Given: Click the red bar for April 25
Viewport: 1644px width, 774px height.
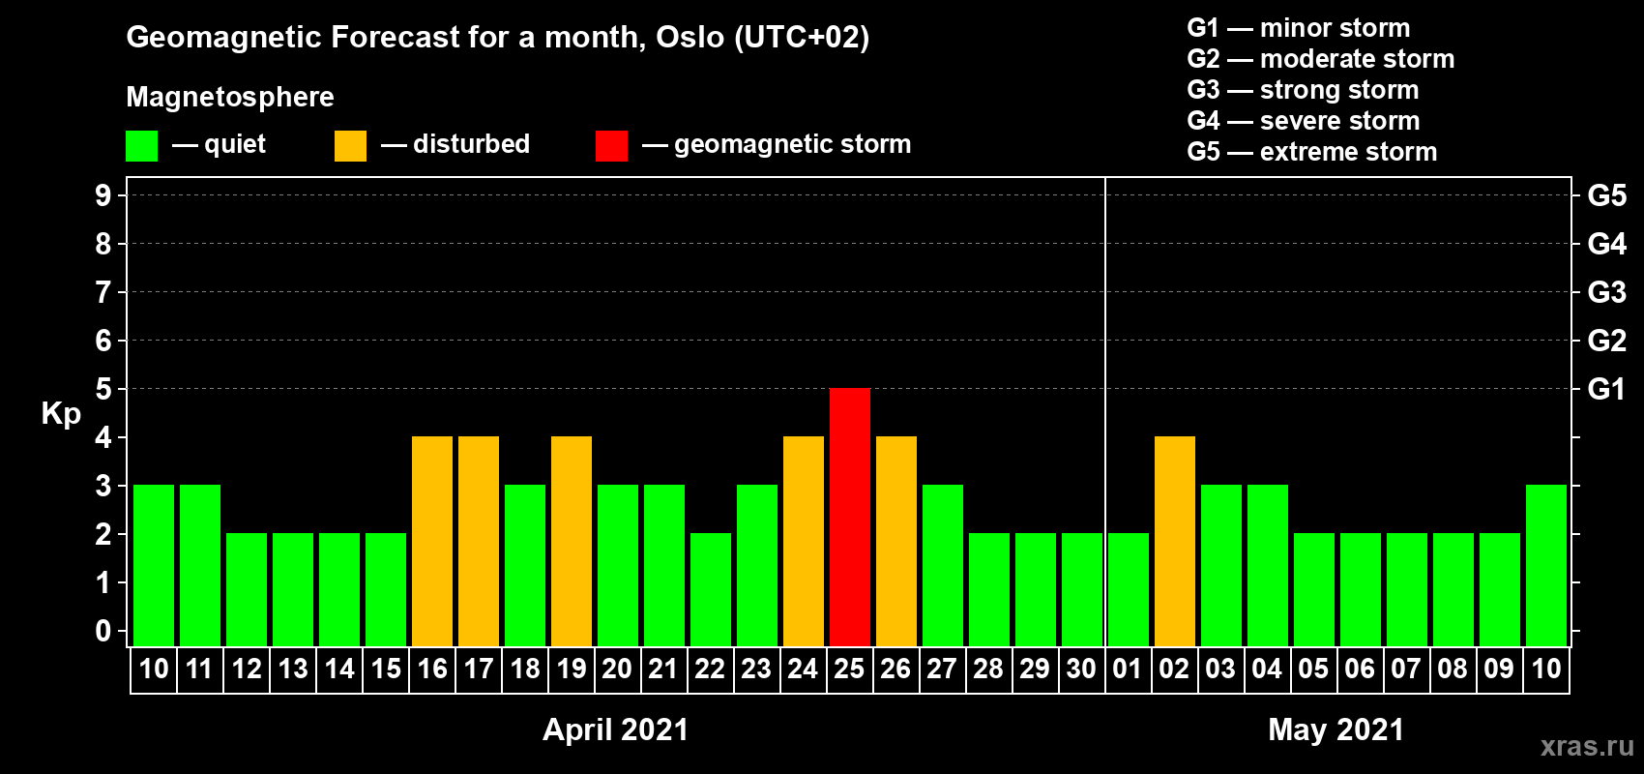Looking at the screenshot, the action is (x=850, y=517).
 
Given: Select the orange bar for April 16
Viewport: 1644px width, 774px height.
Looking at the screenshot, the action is (x=432, y=541).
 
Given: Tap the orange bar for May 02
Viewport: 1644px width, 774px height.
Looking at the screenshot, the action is (x=1175, y=541).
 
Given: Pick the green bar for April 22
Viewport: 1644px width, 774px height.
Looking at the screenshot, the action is (x=711, y=589).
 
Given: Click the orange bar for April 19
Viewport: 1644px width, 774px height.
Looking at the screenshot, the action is (x=572, y=541).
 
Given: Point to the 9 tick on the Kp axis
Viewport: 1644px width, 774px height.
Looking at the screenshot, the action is (x=103, y=195).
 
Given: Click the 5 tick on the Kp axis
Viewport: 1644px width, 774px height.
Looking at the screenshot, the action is (x=103, y=389).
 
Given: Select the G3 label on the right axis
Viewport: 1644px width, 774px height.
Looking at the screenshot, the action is (x=1606, y=292).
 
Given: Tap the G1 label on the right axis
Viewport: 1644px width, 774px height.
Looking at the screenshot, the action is (x=1606, y=389).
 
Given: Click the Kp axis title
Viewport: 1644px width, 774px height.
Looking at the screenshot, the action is (x=61, y=414).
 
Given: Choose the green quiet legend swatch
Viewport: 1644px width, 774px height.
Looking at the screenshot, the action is (x=141, y=145).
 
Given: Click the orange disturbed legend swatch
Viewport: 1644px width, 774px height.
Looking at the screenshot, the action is (x=350, y=145).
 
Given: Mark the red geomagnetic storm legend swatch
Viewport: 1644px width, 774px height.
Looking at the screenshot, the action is (x=611, y=145).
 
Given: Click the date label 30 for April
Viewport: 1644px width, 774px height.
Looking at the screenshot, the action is (x=1081, y=669).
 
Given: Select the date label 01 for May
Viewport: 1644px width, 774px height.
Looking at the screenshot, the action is (x=1128, y=669).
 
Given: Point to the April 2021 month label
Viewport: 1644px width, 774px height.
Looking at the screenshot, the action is (x=616, y=729).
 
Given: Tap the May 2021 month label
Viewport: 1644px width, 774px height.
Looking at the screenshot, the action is (x=1336, y=729).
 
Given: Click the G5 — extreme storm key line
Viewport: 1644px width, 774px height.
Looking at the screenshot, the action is (x=1312, y=152).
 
